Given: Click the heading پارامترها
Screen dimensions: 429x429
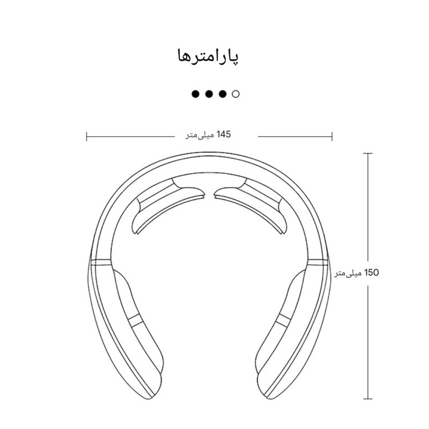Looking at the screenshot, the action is click(x=208, y=57).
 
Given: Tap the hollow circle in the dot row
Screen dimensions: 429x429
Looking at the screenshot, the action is click(x=236, y=94).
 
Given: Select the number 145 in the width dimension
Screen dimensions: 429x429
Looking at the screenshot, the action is click(x=224, y=134).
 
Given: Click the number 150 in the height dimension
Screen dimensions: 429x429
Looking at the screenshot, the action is click(x=372, y=272).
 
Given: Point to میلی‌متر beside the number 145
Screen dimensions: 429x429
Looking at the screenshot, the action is click(x=200, y=135).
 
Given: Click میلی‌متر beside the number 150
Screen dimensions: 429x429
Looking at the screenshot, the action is click(x=348, y=273).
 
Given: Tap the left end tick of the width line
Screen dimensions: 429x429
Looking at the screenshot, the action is click(x=87, y=136).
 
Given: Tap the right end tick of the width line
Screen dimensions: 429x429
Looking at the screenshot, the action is click(x=332, y=136).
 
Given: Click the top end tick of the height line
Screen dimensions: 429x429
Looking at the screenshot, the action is click(x=368, y=153).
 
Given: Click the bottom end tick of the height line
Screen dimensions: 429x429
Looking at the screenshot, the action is click(x=368, y=399).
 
